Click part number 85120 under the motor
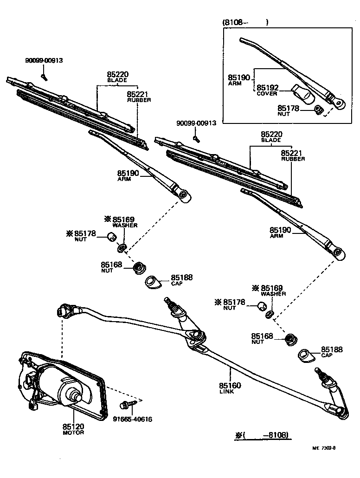(73, 426)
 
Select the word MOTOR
(73, 433)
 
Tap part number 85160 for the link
(230, 385)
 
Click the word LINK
(227, 392)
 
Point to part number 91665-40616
(132, 419)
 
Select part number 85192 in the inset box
(268, 87)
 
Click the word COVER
(267, 94)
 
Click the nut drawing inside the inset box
(318, 110)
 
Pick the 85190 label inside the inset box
(239, 78)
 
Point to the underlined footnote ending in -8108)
(263, 435)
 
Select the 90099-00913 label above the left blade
(44, 60)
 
